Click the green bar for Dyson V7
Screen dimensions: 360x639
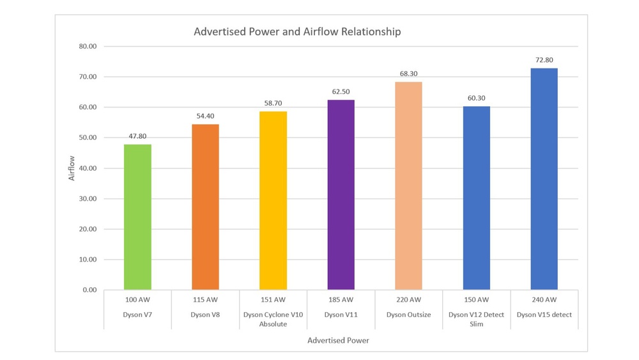(137, 217)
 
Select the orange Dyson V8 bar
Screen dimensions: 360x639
(205, 207)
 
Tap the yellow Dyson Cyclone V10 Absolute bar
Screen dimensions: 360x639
(273, 201)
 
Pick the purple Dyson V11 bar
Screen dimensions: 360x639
(341, 195)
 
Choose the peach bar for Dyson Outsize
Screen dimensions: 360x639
(408, 186)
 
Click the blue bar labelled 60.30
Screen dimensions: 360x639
(476, 198)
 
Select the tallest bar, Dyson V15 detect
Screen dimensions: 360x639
(544, 179)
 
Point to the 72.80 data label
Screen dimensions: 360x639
(544, 60)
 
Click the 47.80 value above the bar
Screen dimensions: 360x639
(138, 136)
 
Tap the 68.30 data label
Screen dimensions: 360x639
(409, 74)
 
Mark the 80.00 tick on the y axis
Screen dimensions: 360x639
(88, 46)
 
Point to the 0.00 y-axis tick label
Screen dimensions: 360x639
(89, 290)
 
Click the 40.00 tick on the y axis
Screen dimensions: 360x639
(88, 168)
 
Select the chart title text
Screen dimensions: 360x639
(297, 31)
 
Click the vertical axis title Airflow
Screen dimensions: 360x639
(72, 168)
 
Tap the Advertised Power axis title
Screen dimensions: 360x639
(338, 340)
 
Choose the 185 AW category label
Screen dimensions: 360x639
(341, 299)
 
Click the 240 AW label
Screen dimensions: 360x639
(544, 299)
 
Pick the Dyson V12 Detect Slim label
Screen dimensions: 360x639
(476, 319)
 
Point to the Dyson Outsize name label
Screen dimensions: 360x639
(408, 315)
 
